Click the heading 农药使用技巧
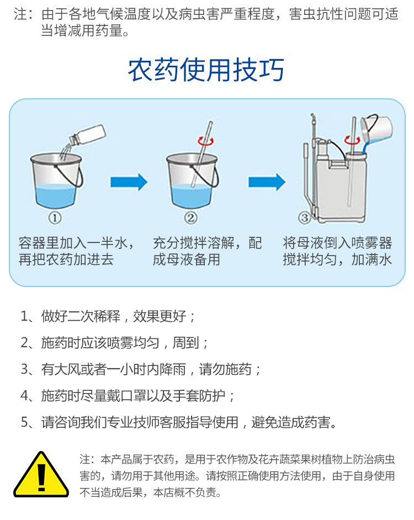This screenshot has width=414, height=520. [x=206, y=70]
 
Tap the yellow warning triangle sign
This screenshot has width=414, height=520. [x=41, y=475]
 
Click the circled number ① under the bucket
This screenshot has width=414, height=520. [x=55, y=218]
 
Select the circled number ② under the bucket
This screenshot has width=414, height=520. [x=190, y=218]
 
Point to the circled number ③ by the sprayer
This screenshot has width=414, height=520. [x=304, y=218]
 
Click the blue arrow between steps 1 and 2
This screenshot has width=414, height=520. [x=129, y=182]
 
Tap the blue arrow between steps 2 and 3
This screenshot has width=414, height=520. [x=267, y=182]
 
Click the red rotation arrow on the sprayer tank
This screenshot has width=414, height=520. [x=352, y=140]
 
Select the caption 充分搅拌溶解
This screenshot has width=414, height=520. [x=193, y=243]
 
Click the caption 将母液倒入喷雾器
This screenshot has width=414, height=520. [x=337, y=243]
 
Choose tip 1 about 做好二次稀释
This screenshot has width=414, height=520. [x=108, y=316]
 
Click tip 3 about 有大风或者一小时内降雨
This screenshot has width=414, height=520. [x=141, y=369]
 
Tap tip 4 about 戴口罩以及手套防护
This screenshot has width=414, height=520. [x=128, y=396]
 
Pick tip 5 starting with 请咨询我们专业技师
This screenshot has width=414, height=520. [x=179, y=422]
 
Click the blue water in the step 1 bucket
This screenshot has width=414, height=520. [x=56, y=195]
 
